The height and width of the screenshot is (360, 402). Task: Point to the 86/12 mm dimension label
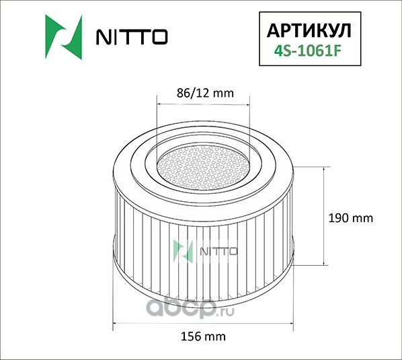click(203, 94)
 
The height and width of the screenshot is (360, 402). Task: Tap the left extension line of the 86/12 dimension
click(156, 128)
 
